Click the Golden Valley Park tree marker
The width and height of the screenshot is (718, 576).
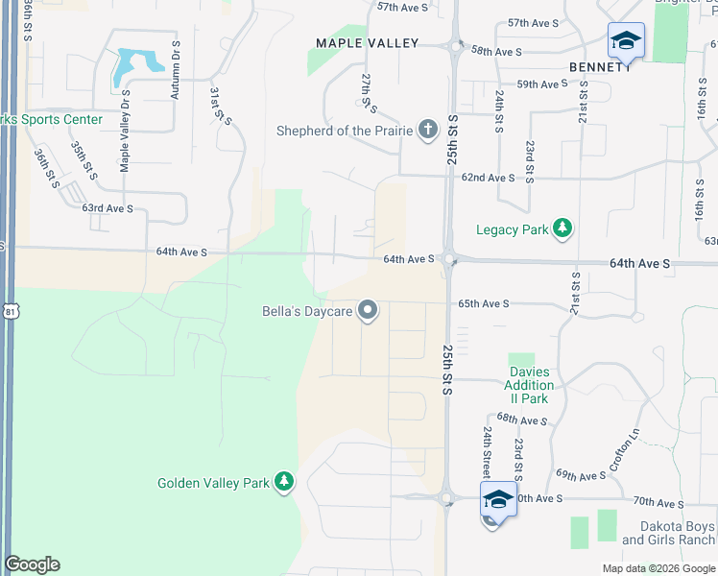coord(283,482)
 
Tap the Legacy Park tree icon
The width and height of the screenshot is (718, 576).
coord(562,228)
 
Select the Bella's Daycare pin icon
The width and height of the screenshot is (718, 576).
coord(367,310)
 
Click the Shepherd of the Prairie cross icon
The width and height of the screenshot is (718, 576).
coord(428,130)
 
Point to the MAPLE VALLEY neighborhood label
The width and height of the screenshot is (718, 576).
coord(369,43)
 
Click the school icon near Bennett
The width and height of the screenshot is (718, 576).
coord(625,41)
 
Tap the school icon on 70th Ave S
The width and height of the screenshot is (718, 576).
coord(498,499)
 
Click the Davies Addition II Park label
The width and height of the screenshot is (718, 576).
coord(529,385)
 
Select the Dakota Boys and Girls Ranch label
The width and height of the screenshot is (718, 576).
coord(668,534)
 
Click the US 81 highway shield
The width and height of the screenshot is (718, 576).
coord(10,312)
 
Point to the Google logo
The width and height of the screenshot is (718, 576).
coord(32,564)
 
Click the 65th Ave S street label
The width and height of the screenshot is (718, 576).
coord(482,303)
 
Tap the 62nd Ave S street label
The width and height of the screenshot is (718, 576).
coord(488,178)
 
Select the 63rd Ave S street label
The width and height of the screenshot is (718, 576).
coord(108,208)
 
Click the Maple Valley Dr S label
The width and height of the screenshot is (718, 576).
coord(125,132)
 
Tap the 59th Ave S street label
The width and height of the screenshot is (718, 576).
coord(542,84)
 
